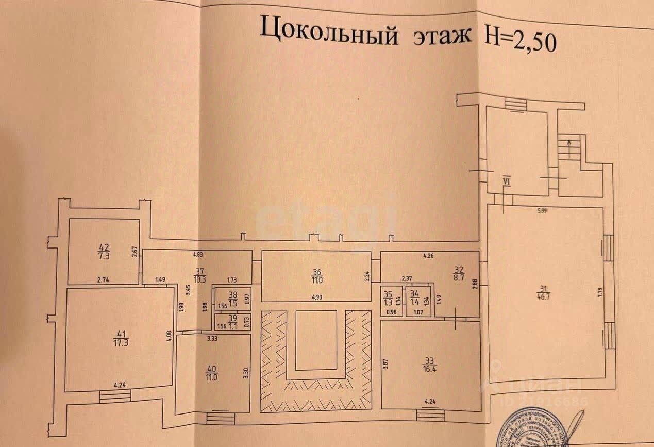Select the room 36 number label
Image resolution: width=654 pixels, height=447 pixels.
tap(317, 273)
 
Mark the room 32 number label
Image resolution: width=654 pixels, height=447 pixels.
tap(459, 268)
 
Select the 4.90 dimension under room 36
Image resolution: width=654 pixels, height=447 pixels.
tap(316, 297)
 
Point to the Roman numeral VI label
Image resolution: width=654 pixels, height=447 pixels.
tap(506, 181)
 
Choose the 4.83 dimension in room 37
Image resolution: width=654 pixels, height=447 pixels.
tap(198, 254)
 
